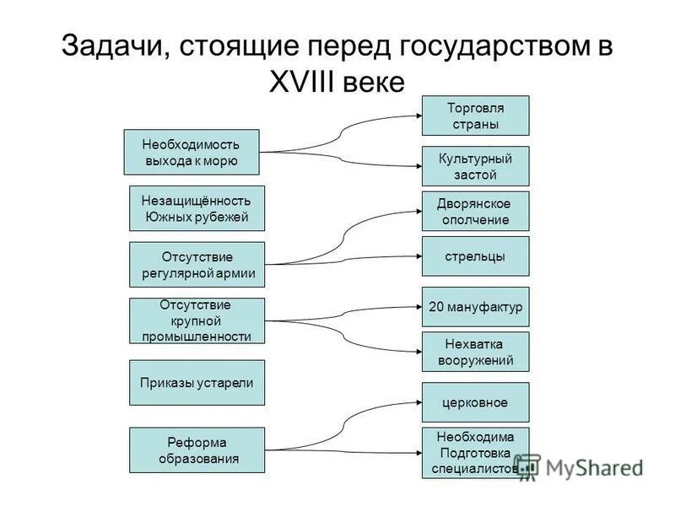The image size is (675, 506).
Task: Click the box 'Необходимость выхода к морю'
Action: [x=191, y=152]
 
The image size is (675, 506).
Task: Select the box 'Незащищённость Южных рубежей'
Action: [x=197, y=208]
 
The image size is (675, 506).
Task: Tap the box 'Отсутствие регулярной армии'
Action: [x=197, y=265]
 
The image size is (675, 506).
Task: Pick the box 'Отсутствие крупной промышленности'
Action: [x=197, y=320]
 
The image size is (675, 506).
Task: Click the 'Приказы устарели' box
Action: [x=197, y=382]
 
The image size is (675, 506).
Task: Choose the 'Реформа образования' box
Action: [x=197, y=450]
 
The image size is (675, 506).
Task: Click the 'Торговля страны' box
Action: [x=475, y=116]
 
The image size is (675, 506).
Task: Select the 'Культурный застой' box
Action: [x=475, y=166]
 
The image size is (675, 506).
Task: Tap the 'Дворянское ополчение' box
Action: [x=475, y=211]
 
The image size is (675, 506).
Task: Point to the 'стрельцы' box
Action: [x=475, y=256]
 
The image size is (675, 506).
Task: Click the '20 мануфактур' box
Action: [x=475, y=307]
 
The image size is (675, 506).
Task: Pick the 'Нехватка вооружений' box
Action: [x=475, y=352]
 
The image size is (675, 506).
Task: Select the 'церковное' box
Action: [x=475, y=402]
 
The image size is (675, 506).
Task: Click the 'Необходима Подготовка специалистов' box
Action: [x=475, y=453]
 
